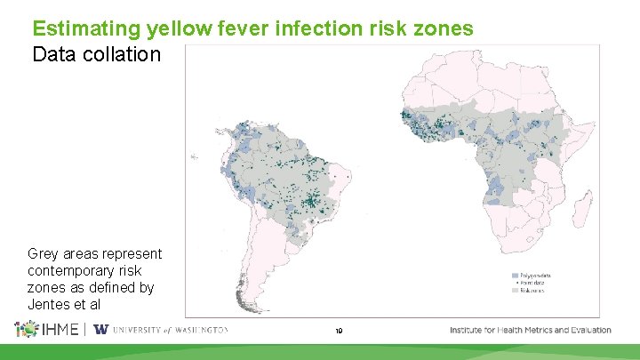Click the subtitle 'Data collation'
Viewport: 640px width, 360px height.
(96, 54)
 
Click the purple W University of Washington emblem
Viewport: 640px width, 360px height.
(100, 330)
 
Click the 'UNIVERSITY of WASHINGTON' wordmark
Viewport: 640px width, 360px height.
(171, 330)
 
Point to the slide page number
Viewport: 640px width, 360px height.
(339, 331)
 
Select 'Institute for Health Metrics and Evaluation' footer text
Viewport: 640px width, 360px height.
(531, 330)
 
